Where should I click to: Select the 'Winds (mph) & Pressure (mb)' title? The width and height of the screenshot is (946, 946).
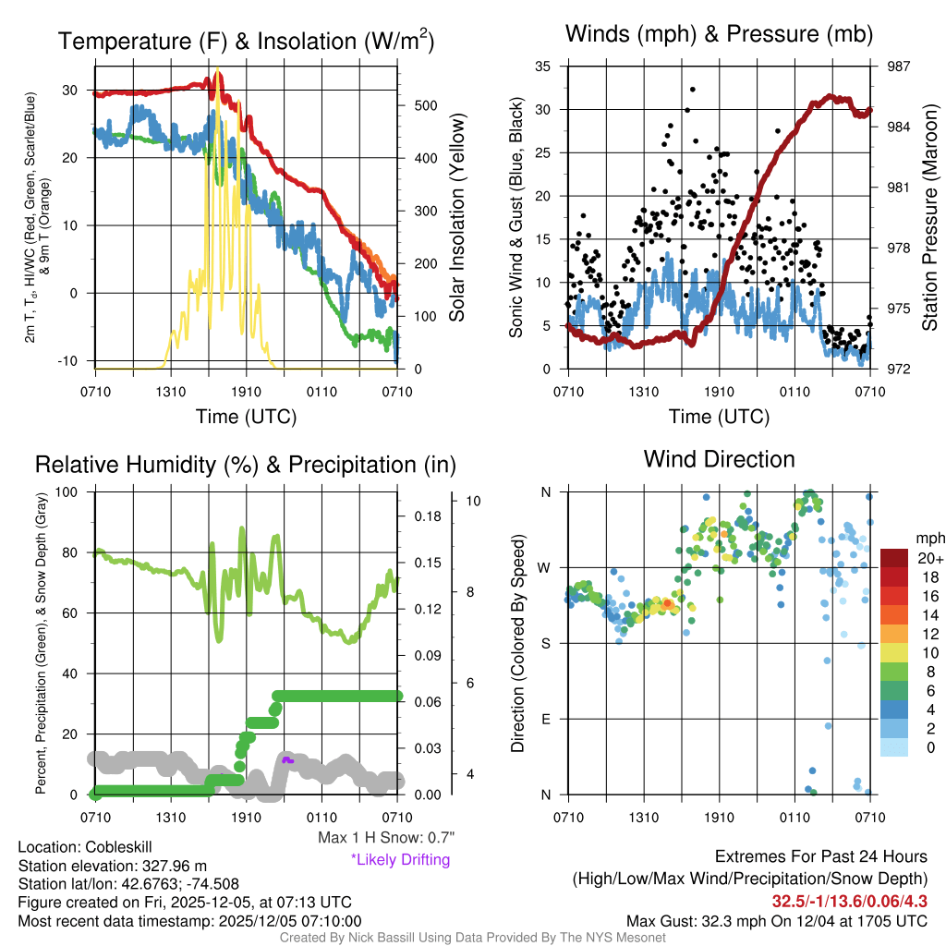pyautogui.click(x=719, y=34)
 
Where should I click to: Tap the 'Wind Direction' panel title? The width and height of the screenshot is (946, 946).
pyautogui.click(x=719, y=459)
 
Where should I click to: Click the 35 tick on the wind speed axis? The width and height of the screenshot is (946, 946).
pyautogui.click(x=543, y=67)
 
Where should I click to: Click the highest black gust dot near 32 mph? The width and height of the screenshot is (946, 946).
pyautogui.click(x=692, y=90)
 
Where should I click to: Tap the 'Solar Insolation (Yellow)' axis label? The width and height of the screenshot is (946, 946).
pyautogui.click(x=456, y=217)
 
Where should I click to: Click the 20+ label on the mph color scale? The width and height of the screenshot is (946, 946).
pyautogui.click(x=928, y=558)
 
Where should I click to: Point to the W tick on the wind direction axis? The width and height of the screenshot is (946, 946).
pyautogui.click(x=546, y=567)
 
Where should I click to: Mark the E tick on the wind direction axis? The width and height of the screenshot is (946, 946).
pyautogui.click(x=547, y=719)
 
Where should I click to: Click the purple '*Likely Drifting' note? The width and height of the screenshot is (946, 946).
pyautogui.click(x=400, y=859)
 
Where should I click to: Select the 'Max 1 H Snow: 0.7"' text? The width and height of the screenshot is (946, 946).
pyautogui.click(x=385, y=838)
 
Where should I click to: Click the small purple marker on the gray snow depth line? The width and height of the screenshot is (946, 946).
pyautogui.click(x=287, y=759)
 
